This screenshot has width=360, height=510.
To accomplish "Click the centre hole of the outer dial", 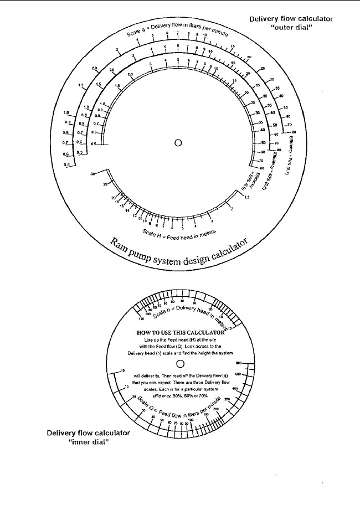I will [178, 142].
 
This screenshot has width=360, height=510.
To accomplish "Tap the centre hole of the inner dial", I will [180, 364].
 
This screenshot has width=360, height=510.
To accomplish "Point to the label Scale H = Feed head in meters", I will [178, 233].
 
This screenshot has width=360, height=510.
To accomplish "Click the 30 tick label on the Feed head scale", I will [93, 174].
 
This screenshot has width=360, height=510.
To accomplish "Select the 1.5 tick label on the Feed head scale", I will [247, 197].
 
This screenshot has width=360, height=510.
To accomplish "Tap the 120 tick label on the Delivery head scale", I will [141, 320].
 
